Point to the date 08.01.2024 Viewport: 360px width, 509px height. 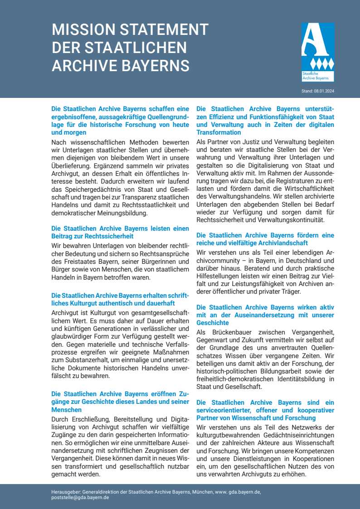click(325, 91)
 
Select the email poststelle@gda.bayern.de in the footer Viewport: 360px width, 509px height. click(80, 497)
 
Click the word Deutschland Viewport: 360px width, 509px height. click(287, 261)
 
